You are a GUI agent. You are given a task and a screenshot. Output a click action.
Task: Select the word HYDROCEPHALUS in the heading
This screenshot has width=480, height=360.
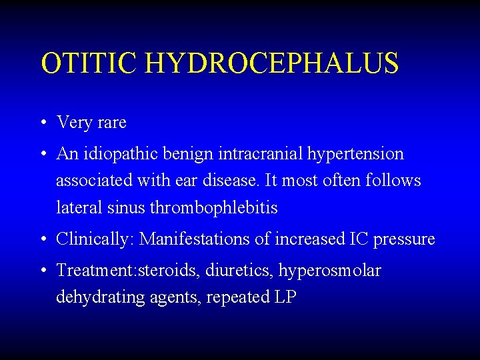(x=271, y=63)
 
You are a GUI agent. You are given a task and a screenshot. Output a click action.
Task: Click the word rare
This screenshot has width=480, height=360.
(x=109, y=123)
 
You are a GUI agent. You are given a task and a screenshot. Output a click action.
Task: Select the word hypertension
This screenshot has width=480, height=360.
(x=356, y=155)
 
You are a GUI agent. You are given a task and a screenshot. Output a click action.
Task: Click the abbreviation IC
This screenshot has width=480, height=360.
(x=357, y=239)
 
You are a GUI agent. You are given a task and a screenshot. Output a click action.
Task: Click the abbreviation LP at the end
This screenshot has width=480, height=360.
(x=285, y=297)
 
